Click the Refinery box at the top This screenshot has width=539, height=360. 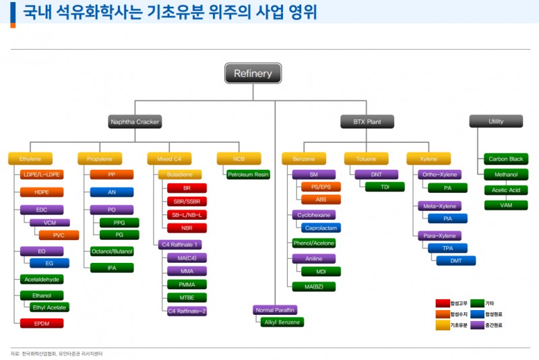coord(253,73)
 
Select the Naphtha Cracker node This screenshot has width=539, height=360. coord(135,122)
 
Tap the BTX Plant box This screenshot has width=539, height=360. coord(367,122)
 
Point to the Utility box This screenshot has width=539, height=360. coord(496,121)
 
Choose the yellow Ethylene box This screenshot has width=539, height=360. coord(30,159)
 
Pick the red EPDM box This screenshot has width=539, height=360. coord(42,323)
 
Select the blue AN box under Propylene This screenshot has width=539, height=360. coord(111,192)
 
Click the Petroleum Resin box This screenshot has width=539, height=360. coord(248,175)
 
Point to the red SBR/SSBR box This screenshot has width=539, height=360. coord(187,201)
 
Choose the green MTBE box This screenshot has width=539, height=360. coord(187,297)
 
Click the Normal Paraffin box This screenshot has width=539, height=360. coord(275,310)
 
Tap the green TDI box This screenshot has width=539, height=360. coord(385,187)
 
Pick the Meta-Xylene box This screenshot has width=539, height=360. coord(438,206)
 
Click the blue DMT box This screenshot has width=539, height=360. coord(456,260)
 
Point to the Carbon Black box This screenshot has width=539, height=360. coord(506,159)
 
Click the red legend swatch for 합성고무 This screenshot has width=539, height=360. coord(442,303)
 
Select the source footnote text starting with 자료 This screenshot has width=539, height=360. coord(57,353)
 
